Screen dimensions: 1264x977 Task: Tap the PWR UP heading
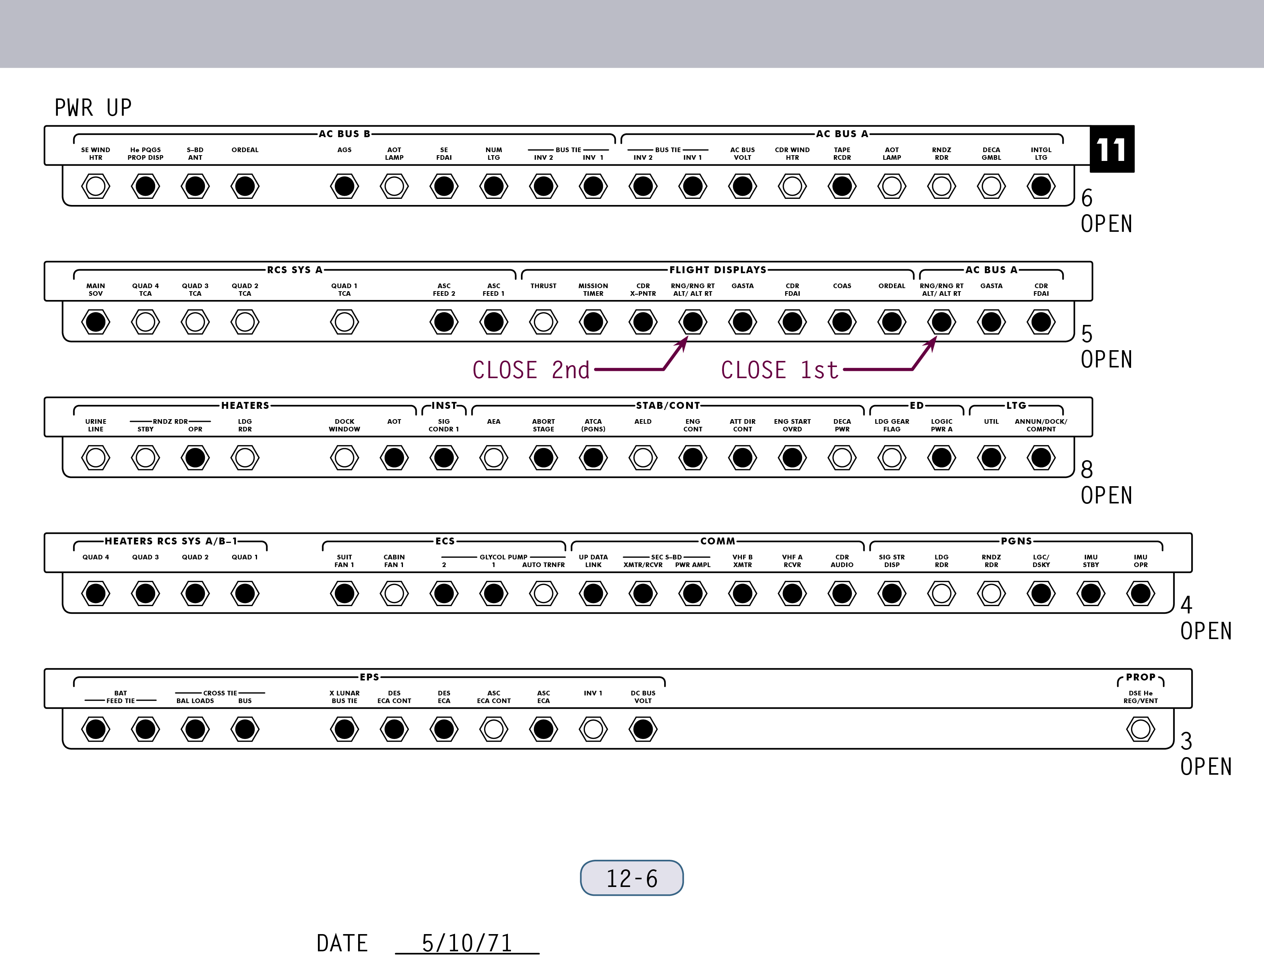[x=93, y=108]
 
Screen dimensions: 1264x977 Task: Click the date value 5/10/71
[x=467, y=943]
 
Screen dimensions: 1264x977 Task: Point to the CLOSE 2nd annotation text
[x=531, y=370]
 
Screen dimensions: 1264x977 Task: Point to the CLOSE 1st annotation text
[x=779, y=370]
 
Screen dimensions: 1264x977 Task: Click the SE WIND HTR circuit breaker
[x=95, y=186]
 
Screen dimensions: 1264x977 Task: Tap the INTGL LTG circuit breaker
[x=1041, y=186]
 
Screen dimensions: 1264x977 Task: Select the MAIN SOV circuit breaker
[x=95, y=322]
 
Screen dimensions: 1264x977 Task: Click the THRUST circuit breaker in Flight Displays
[x=544, y=322]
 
